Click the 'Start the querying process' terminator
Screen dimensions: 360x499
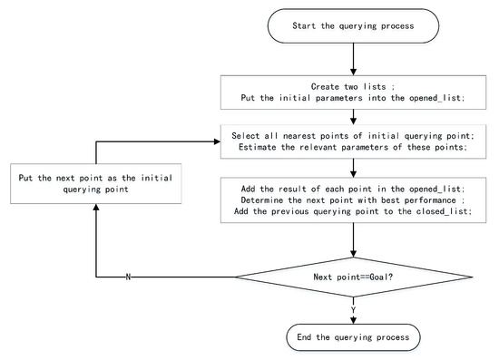click(352, 24)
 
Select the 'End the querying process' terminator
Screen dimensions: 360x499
click(352, 336)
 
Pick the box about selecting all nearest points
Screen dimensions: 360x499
click(352, 143)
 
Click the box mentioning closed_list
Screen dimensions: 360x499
click(352, 200)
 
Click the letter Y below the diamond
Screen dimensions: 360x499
click(352, 308)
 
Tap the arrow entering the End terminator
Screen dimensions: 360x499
click(352, 316)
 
